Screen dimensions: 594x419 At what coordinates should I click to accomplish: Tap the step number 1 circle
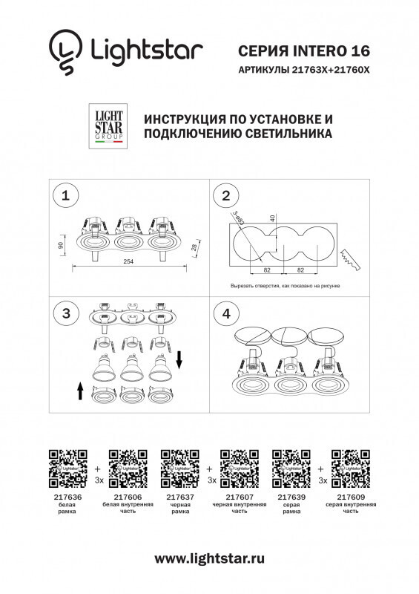[67, 196]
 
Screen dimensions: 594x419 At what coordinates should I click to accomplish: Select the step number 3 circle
[67, 313]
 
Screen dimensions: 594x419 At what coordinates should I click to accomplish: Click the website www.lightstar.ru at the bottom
[210, 558]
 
